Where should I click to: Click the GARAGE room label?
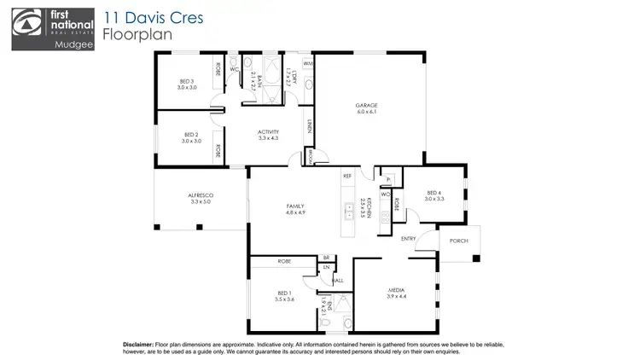point(366,107)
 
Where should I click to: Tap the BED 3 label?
point(188,84)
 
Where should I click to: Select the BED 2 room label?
point(190,136)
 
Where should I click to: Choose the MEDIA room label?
point(395,291)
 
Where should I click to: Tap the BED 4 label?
point(433,194)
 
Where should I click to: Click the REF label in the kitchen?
point(347,176)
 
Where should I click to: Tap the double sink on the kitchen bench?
point(348,210)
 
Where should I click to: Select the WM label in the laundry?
point(307,64)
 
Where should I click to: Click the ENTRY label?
point(408,239)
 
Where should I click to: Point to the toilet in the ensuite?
point(347,322)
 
